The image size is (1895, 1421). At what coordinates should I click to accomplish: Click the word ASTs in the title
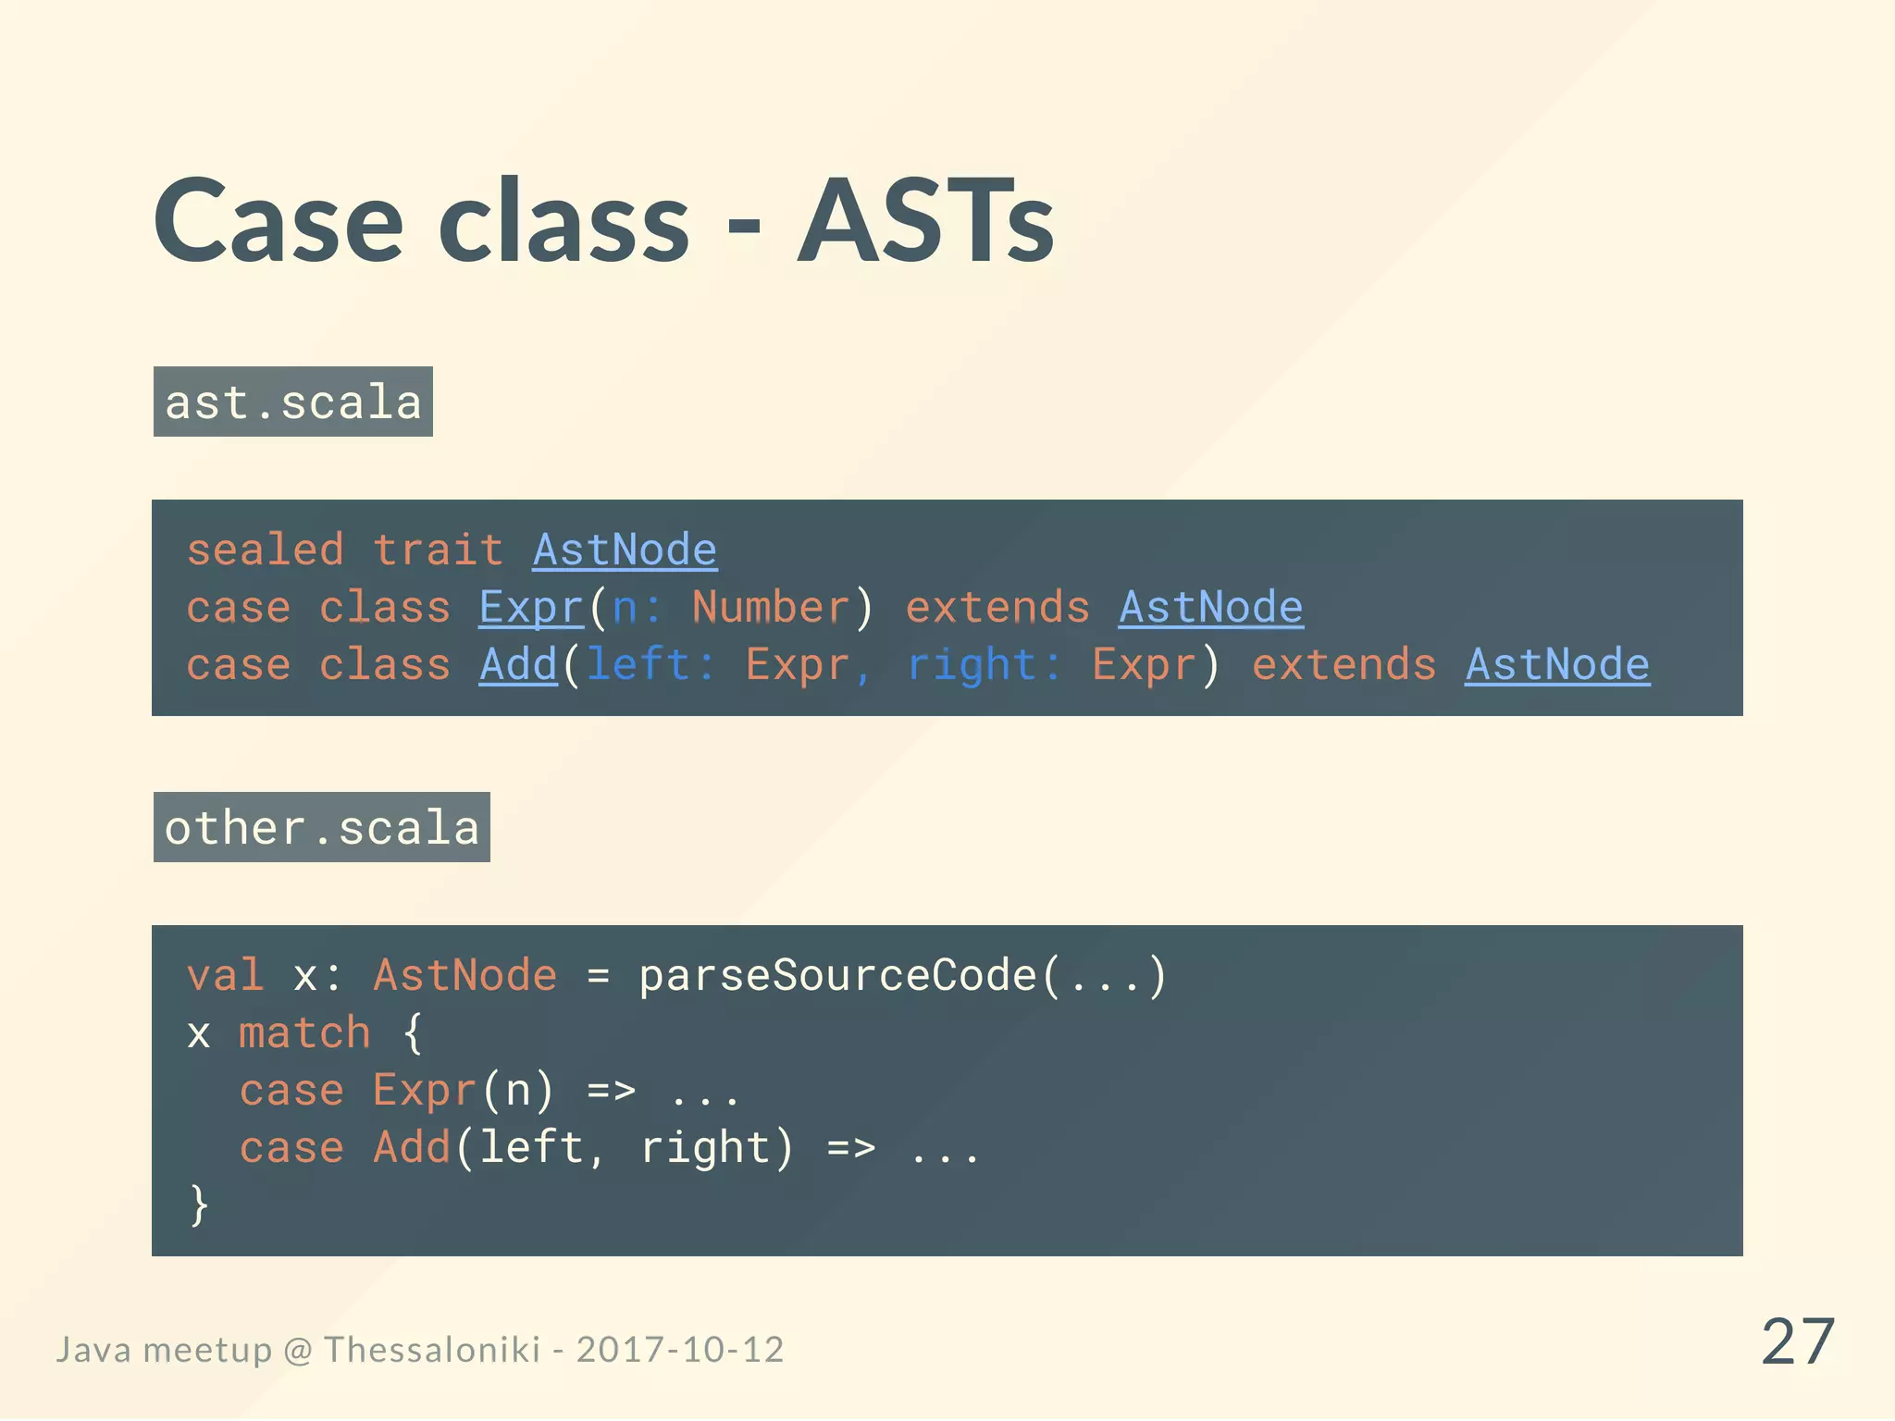click(x=925, y=222)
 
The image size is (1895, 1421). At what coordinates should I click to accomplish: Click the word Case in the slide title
click(x=278, y=222)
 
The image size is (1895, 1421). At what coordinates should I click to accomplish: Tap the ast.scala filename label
click(x=292, y=402)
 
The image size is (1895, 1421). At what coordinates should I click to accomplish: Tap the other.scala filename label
click(x=321, y=828)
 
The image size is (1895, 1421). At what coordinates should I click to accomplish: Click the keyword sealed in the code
click(x=266, y=550)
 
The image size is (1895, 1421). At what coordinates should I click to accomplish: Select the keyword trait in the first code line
click(x=438, y=550)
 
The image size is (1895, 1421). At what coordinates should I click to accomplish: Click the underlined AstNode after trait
click(x=625, y=550)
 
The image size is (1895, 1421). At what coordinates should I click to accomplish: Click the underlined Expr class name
click(x=531, y=608)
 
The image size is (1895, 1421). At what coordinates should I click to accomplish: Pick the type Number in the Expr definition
click(x=770, y=608)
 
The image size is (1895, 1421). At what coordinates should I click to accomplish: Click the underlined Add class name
click(x=518, y=665)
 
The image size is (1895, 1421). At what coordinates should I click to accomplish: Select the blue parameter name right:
click(x=984, y=665)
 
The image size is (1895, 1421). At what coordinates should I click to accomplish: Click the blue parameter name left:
click(x=650, y=665)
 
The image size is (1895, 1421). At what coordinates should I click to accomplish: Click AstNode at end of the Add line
click(x=1556, y=665)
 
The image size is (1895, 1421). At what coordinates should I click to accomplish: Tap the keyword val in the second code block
click(x=225, y=976)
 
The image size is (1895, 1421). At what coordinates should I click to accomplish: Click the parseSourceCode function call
click(x=837, y=976)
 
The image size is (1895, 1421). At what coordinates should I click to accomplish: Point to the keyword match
click(x=304, y=1033)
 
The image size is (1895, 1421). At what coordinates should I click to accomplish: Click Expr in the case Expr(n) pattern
click(x=425, y=1091)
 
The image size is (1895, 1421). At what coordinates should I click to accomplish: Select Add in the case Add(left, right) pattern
click(x=412, y=1148)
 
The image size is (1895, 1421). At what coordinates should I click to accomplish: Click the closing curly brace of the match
click(x=199, y=1205)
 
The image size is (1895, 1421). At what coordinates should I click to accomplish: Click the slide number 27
click(x=1797, y=1341)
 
